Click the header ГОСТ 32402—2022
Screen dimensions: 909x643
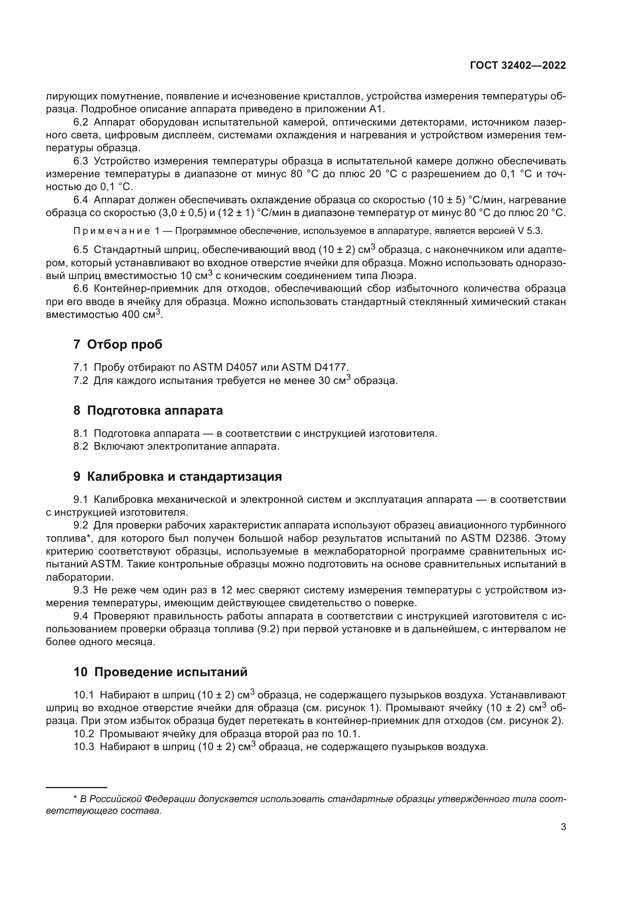coord(518,66)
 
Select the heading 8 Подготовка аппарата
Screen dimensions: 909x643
coord(148,410)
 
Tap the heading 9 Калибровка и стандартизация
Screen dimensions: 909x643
coord(177,477)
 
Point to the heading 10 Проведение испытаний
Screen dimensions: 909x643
coord(160,672)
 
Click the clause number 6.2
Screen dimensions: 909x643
coord(81,122)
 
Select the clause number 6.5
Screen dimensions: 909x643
coord(81,250)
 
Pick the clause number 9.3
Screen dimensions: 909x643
coord(81,590)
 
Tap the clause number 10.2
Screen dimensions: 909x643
coord(84,734)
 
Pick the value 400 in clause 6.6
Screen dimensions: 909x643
coord(131,315)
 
